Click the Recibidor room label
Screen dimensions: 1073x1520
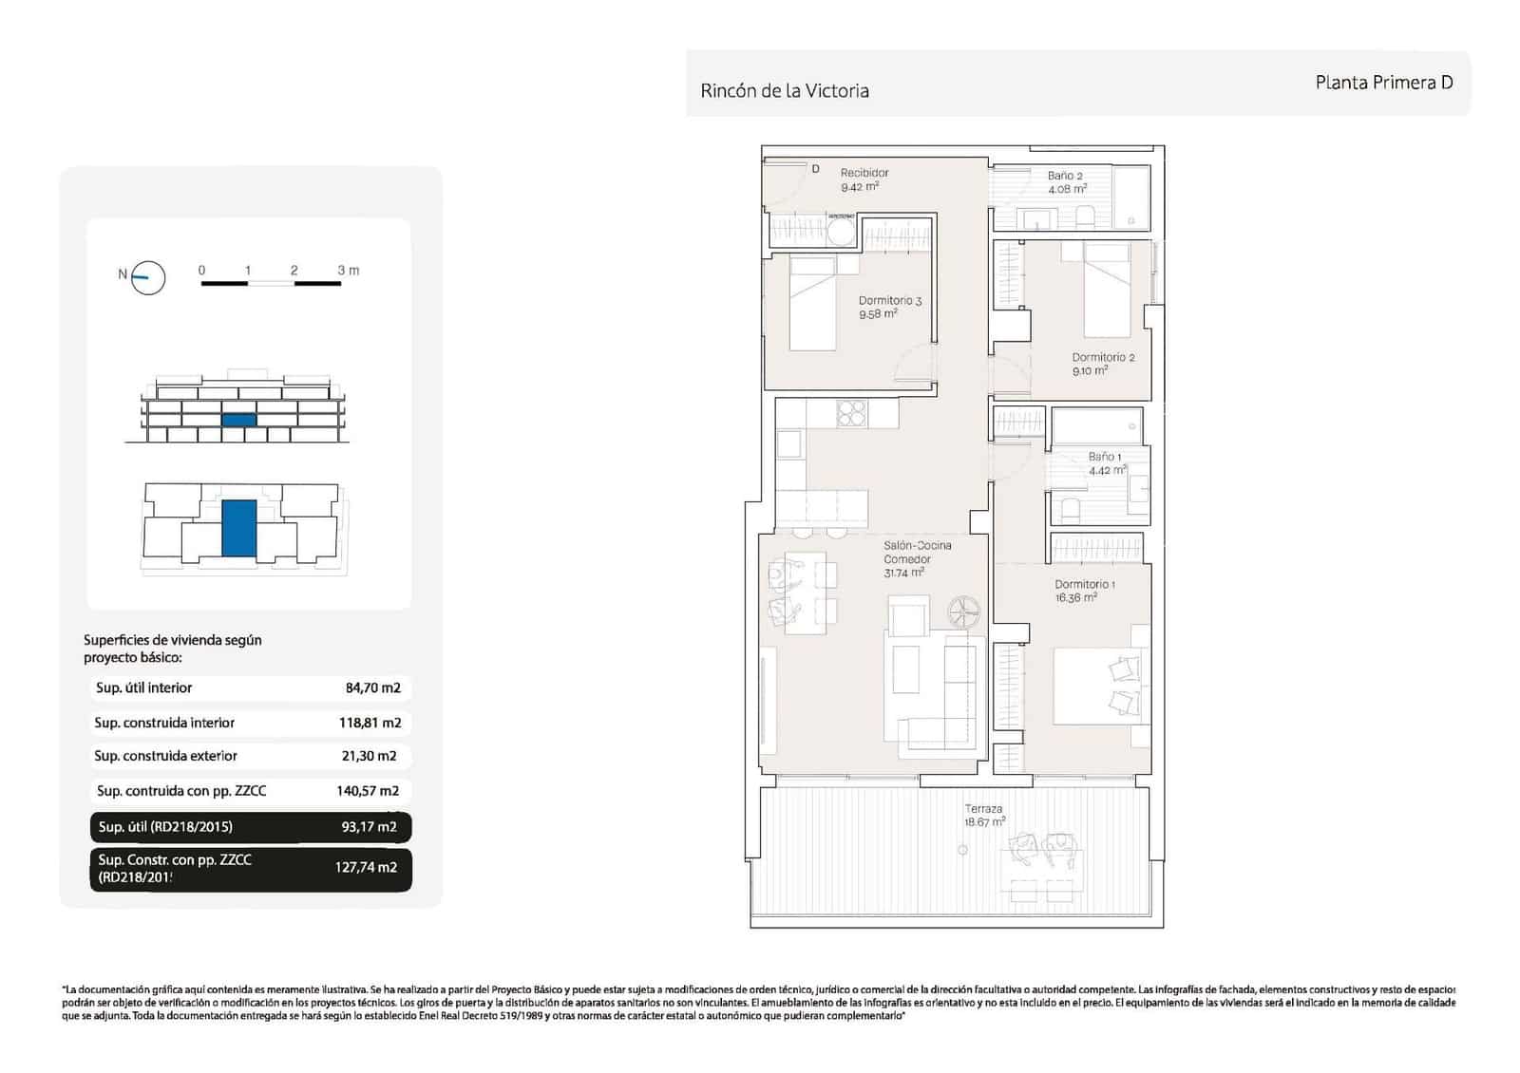[x=864, y=173]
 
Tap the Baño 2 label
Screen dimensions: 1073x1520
[x=1065, y=176]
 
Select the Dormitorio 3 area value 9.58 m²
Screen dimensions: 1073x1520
[x=878, y=314]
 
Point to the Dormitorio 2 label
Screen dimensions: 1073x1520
[x=1102, y=358]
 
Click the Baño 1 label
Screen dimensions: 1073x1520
[x=1104, y=457]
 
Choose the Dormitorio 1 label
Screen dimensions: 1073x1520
[x=1084, y=585]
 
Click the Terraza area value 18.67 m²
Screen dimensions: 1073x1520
[x=984, y=822]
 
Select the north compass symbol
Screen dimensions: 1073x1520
[x=147, y=277]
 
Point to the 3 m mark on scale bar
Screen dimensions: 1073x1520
[x=347, y=271]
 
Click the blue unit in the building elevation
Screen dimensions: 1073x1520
[x=238, y=420]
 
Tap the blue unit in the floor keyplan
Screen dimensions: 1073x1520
[x=238, y=528]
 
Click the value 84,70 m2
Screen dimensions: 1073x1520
[x=372, y=688]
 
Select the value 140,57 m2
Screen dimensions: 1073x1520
[x=368, y=791]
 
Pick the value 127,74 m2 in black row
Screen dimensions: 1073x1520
[x=366, y=867]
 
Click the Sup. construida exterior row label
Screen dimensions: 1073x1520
[x=165, y=757]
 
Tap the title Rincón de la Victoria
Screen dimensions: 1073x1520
[x=784, y=91]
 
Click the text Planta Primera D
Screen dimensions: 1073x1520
[x=1383, y=83]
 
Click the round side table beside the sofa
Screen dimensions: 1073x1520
[x=965, y=611]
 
